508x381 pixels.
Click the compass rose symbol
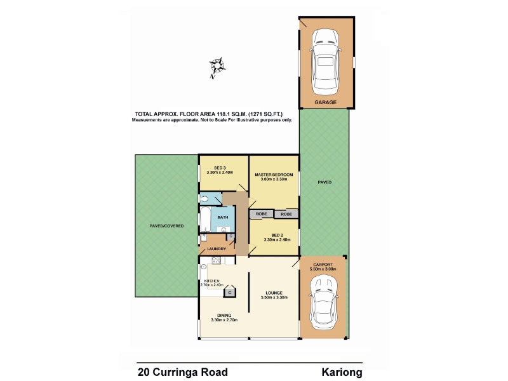(x=217, y=67)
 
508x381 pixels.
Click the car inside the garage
(x=326, y=62)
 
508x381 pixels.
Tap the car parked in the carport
(x=324, y=303)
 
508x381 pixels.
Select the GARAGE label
(x=325, y=102)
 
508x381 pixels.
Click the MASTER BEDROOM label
(x=274, y=175)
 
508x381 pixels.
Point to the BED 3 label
(x=220, y=168)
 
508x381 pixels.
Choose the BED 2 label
(x=277, y=235)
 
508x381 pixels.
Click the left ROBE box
(x=261, y=214)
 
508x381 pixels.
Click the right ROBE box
(x=286, y=214)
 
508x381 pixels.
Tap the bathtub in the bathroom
(x=204, y=219)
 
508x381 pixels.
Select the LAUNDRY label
(x=217, y=249)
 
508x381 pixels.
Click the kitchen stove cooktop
(x=216, y=260)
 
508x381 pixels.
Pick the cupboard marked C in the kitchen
(x=230, y=293)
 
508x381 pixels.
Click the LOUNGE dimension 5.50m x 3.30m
(x=274, y=297)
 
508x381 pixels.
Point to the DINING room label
(x=224, y=315)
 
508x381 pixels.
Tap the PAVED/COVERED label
(x=166, y=226)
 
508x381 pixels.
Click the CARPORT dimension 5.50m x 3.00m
(x=323, y=269)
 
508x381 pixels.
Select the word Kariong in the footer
(x=342, y=372)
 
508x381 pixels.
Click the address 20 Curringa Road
(x=183, y=372)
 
